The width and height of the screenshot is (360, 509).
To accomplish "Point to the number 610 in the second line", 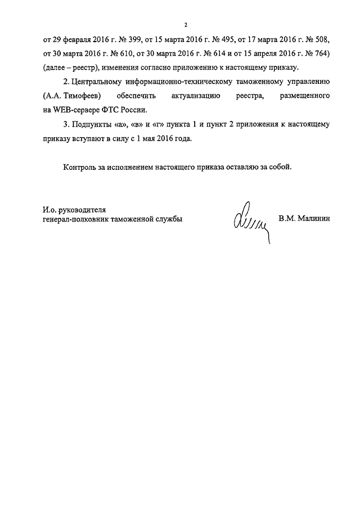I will coord(124,55).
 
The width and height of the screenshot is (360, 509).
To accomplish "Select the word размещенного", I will coord(304,97).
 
